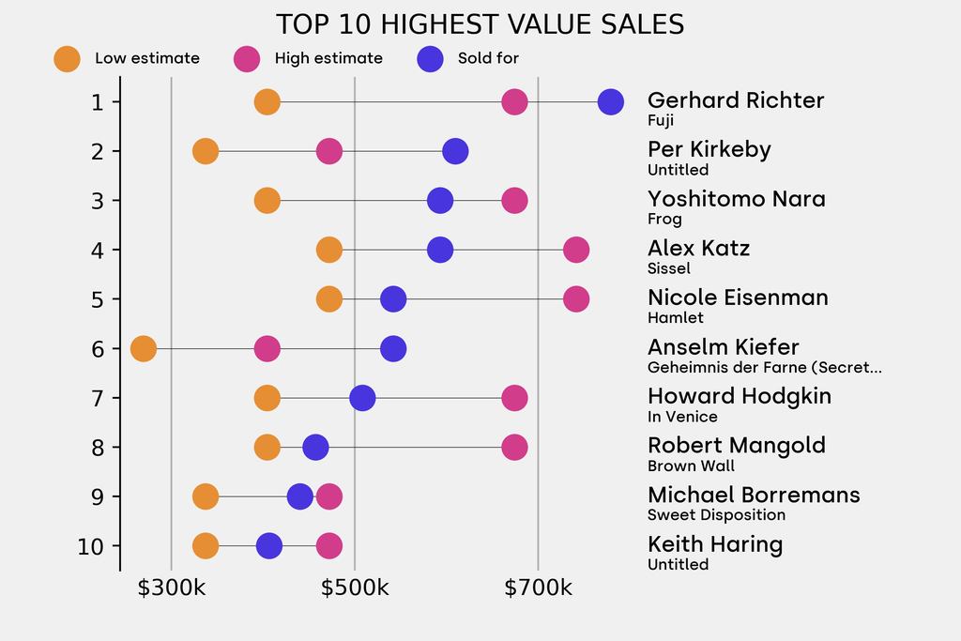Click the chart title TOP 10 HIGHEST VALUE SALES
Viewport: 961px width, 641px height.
(x=480, y=23)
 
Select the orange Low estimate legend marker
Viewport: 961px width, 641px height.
(x=67, y=58)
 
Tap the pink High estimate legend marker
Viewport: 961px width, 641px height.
(x=247, y=58)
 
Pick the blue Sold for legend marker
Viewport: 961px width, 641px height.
(x=430, y=58)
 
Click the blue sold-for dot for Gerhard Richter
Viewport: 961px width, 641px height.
(x=611, y=101)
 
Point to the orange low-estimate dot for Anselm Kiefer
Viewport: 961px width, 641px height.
(x=143, y=349)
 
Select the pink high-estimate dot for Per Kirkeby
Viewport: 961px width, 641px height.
(x=328, y=151)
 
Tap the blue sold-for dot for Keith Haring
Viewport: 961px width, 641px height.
(x=269, y=545)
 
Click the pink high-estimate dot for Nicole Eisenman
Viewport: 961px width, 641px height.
(x=576, y=299)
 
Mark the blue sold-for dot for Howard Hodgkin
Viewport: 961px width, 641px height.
(x=362, y=398)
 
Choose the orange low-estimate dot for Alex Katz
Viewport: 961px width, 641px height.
(x=328, y=250)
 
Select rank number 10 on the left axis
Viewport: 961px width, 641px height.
(x=90, y=545)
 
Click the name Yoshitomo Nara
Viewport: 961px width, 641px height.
(x=737, y=199)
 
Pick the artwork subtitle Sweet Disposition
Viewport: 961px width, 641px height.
(x=716, y=514)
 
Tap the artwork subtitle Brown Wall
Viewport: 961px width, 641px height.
(x=691, y=465)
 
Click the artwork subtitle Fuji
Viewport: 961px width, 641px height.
(x=661, y=120)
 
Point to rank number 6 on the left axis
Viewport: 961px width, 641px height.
(x=97, y=349)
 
